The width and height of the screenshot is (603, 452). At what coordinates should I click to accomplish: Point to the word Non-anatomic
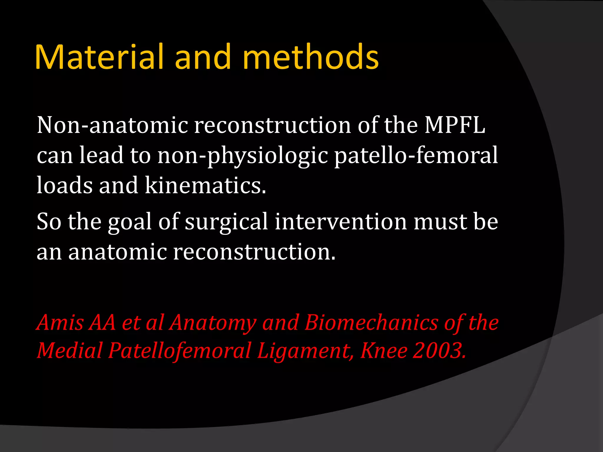click(112, 125)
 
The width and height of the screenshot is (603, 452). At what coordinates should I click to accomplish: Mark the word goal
click(130, 222)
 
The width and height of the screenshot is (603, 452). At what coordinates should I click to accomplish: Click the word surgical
click(226, 222)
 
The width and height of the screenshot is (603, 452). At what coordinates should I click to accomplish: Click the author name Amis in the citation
click(60, 323)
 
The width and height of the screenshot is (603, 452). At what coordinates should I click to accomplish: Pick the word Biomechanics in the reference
click(371, 323)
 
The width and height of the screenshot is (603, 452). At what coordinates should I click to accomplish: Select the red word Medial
click(69, 351)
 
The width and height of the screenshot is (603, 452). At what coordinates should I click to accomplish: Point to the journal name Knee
click(384, 351)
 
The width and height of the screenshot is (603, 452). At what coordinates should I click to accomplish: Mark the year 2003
click(439, 351)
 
